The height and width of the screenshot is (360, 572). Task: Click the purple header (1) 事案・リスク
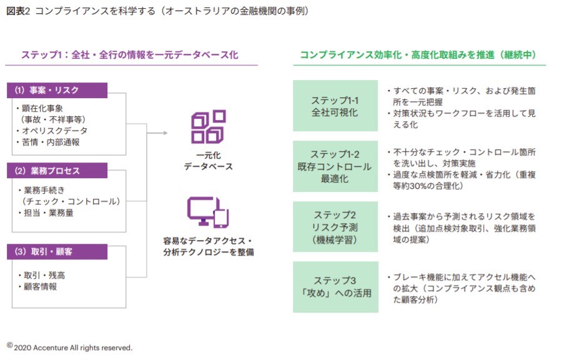57,91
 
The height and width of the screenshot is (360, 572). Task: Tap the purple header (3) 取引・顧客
57,252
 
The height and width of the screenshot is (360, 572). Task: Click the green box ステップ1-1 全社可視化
335,106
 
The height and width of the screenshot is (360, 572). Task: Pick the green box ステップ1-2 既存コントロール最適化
335,166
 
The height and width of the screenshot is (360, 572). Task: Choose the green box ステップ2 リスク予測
335,226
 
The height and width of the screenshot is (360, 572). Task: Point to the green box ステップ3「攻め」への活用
335,287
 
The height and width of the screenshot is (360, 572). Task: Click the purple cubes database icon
208,126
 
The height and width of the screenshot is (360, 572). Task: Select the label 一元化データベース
208,161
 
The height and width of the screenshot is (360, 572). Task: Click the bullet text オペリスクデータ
54,131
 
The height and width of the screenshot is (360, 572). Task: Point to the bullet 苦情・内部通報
51,142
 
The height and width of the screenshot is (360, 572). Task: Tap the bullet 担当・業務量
51,212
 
